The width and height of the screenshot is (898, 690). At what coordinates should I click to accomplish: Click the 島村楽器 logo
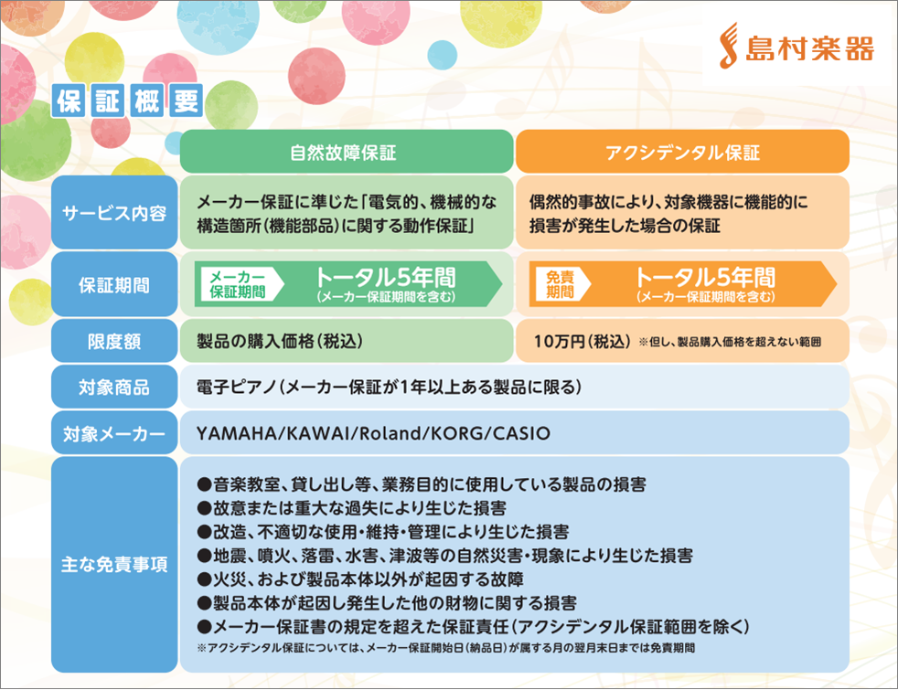pyautogui.click(x=796, y=47)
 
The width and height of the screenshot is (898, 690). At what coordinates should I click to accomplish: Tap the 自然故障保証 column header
pyautogui.click(x=347, y=152)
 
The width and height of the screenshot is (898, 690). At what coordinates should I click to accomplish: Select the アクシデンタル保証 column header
pyautogui.click(x=682, y=152)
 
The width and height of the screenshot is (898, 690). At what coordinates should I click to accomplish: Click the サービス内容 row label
pyautogui.click(x=114, y=213)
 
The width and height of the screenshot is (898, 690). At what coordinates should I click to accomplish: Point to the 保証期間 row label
pyautogui.click(x=114, y=284)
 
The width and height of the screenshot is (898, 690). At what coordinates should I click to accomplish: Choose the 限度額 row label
pyautogui.click(x=114, y=341)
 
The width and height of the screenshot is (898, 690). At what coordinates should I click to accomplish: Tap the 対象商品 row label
pyautogui.click(x=114, y=387)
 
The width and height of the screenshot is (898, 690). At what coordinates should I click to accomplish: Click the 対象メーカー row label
pyautogui.click(x=114, y=433)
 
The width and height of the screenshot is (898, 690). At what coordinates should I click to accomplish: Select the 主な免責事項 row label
pyautogui.click(x=114, y=564)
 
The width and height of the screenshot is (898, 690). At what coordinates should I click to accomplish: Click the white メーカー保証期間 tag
pyautogui.click(x=239, y=284)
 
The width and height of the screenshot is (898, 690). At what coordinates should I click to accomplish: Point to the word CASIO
pyautogui.click(x=521, y=433)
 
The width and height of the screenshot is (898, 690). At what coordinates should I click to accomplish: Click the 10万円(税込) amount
pyautogui.click(x=582, y=342)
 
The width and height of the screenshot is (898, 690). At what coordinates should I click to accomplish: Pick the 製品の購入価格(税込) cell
pyautogui.click(x=280, y=341)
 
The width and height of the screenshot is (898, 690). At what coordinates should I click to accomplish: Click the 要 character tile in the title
pyautogui.click(x=187, y=101)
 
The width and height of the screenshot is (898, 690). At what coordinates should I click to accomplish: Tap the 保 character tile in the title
pyautogui.click(x=69, y=101)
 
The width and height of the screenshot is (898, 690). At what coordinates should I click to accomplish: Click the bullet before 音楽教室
pyautogui.click(x=205, y=484)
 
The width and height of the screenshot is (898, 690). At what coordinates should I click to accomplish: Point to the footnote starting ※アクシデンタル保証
pyautogui.click(x=446, y=648)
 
